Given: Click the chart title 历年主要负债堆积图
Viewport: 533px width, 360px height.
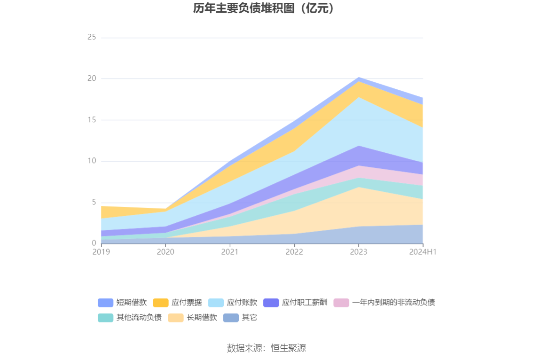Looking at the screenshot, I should [266, 8].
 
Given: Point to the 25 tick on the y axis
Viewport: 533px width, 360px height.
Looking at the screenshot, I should [92, 37].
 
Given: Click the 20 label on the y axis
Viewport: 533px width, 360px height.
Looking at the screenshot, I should [92, 78].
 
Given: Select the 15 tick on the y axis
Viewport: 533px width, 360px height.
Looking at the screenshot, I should [92, 120].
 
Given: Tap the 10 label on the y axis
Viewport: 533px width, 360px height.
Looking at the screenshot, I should [92, 161].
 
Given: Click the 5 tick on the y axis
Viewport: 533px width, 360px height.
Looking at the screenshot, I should [94, 203].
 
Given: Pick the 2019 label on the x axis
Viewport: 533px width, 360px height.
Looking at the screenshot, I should [101, 252].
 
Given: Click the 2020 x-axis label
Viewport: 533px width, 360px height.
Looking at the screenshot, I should [165, 252].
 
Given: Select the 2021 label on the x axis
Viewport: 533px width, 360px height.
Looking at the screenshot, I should [230, 252].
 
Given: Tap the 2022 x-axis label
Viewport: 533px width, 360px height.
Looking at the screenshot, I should [294, 252].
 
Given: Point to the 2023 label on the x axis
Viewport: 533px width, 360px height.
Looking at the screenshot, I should [359, 252].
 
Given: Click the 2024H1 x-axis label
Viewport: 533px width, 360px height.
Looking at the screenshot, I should [423, 252].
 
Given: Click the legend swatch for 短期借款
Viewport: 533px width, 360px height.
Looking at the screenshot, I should [105, 303].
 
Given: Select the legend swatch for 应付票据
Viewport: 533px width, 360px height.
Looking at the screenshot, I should [161, 303].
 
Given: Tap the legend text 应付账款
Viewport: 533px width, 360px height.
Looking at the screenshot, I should [242, 303].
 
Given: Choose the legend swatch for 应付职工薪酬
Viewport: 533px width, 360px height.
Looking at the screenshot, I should [271, 303].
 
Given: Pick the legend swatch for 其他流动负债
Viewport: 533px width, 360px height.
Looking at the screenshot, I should [105, 318].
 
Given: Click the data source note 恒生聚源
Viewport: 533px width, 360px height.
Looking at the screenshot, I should [266, 348].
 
